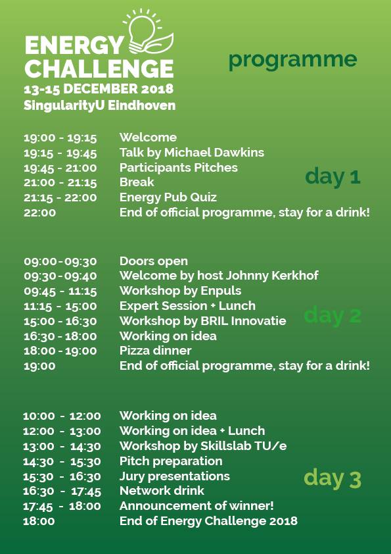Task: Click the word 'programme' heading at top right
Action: tap(293, 60)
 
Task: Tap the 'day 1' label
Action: tap(333, 176)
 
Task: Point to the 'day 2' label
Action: tap(333, 315)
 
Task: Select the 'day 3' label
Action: tap(333, 479)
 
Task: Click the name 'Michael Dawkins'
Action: tap(214, 152)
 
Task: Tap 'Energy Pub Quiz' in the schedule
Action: tap(168, 197)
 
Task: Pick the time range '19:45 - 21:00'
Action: tap(60, 168)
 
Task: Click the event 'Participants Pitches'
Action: tap(179, 168)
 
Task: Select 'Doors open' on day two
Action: tap(154, 261)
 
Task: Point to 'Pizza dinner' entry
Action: tap(155, 351)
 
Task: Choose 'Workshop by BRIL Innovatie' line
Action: tap(203, 321)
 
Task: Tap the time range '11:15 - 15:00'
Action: tap(60, 306)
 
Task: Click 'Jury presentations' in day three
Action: tap(175, 476)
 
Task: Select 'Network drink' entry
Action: tap(162, 490)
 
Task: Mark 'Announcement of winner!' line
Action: tap(196, 505)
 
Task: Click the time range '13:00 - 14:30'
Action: tap(62, 446)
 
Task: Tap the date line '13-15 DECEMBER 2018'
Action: tap(99, 89)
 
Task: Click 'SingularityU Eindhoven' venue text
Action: tap(99, 106)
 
